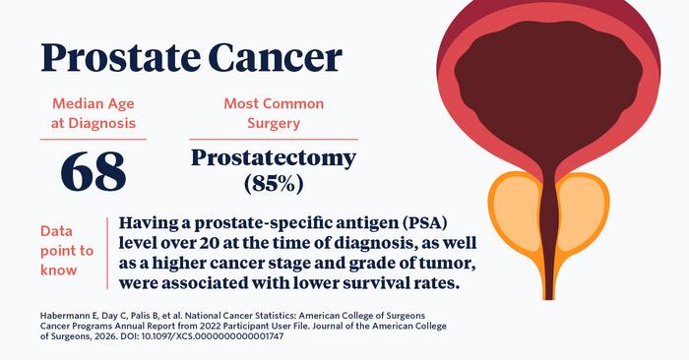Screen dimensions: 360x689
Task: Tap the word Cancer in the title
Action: [x=273, y=58]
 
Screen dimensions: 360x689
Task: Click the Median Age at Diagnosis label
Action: [x=94, y=112]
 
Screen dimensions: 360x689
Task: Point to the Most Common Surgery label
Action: [x=274, y=112]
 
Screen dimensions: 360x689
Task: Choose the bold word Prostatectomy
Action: [x=274, y=157]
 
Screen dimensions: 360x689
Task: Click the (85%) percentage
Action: [x=274, y=183]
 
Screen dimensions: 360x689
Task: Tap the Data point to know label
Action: [x=65, y=250]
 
